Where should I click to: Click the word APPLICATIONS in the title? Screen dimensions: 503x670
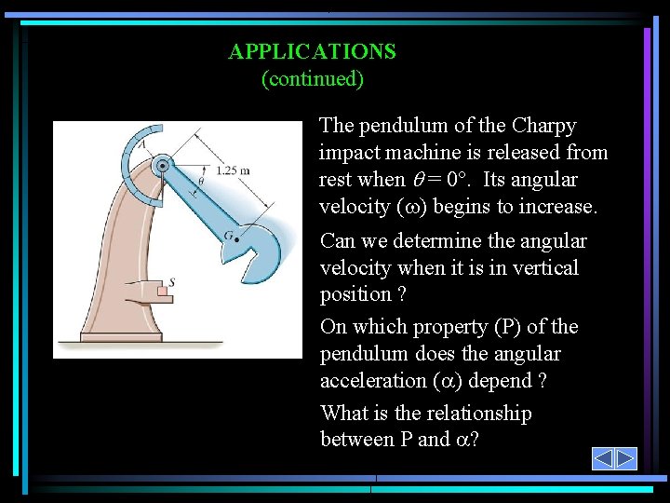(312, 51)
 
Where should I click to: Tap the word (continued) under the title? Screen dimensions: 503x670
(312, 78)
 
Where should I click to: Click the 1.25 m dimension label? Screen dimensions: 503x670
(232, 170)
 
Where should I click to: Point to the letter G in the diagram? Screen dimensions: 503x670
(227, 237)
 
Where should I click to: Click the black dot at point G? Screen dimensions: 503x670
(236, 240)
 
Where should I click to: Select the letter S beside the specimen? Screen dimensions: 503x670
(170, 281)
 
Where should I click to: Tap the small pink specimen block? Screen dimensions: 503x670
(163, 292)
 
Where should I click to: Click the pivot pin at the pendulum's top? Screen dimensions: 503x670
(163, 165)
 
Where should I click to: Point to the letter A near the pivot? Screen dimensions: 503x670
(142, 144)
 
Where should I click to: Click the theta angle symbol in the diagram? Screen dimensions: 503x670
(201, 181)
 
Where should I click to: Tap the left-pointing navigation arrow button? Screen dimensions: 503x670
(603, 458)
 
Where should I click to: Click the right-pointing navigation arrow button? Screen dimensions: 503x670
(625, 458)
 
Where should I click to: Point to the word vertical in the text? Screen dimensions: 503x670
(545, 268)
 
